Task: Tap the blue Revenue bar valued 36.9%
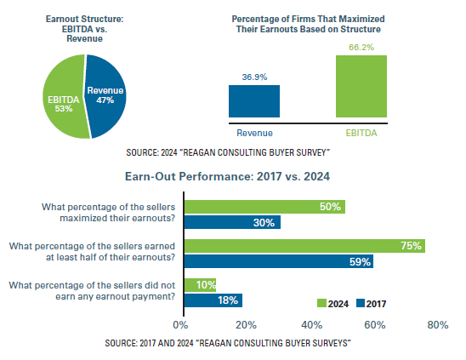point(254,100)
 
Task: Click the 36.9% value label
point(254,77)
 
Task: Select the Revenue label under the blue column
point(254,132)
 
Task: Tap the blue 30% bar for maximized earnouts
point(232,222)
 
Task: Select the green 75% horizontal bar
point(304,246)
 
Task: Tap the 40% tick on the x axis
point(310,324)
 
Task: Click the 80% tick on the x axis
point(439,324)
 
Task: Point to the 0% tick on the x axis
point(180,324)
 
